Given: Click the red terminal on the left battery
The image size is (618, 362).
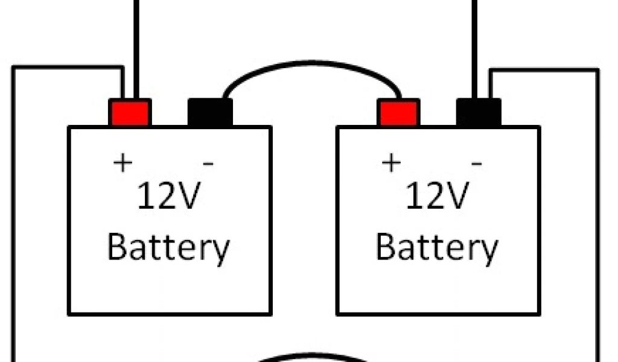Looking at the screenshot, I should coord(130,113).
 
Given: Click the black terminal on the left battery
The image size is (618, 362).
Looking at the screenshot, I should coord(210,113).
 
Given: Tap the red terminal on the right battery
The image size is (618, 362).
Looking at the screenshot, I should coord(398,113).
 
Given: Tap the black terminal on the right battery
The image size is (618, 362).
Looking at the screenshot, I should coord(479,113).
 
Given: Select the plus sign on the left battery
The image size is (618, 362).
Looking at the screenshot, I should coord(123,163).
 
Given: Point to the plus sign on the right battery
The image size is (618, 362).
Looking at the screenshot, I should coord(391,163).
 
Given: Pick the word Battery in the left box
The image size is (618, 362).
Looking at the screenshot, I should coord(168,247).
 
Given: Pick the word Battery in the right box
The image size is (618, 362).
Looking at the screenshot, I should coord(437,247).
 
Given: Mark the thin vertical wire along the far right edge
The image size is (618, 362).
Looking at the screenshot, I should coord(598,211).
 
